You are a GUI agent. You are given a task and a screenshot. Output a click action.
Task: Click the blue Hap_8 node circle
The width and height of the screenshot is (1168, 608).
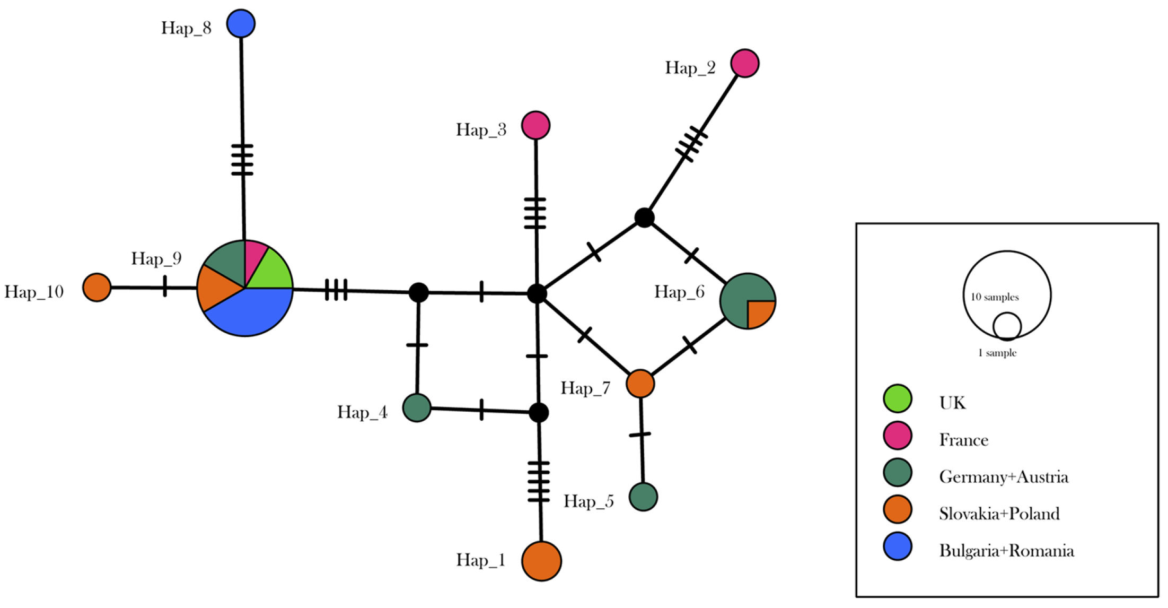241,24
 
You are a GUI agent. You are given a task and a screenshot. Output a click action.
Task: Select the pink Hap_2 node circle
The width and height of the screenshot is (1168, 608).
744,64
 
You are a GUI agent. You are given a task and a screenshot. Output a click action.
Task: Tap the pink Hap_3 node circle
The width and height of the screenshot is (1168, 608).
535,126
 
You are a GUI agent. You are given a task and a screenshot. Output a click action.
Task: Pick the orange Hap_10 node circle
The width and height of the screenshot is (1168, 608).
97,288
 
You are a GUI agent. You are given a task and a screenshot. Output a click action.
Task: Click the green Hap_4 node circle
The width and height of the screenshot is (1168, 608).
417,407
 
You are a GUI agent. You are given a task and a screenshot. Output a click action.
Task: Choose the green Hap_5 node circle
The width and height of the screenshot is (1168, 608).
643,497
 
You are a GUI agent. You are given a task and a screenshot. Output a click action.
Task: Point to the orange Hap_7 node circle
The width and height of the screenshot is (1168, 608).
640,384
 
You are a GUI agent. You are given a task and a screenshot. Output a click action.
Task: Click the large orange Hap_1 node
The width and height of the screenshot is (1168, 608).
541,561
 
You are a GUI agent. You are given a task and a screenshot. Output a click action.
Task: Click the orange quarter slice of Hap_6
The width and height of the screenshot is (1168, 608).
759,312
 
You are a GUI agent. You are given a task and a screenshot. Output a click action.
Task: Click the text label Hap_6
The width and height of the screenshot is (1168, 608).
679,292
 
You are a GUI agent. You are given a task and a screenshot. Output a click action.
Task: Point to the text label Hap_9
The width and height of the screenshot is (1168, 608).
156,258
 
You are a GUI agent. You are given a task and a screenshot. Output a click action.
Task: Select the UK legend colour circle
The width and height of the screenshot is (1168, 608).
897,398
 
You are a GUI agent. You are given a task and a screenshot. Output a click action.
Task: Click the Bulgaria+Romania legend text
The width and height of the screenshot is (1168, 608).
1006,551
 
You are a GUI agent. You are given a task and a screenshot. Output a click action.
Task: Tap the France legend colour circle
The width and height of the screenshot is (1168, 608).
897,436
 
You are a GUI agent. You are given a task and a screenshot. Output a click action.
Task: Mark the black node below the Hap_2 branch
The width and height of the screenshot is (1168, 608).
644,218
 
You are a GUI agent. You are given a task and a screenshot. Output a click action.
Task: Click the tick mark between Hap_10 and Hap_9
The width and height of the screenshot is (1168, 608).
165,286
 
